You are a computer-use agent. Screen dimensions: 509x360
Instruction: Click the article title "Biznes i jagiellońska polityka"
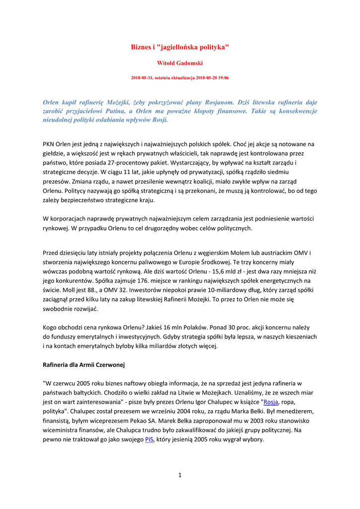coord(180,47)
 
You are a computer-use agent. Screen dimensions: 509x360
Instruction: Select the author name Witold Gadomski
coord(180,63)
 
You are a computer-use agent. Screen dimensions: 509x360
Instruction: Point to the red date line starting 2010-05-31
coord(180,78)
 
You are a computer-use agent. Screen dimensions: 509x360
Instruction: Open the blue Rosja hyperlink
coord(270,402)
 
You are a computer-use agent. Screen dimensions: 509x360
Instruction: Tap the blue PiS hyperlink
coord(149,439)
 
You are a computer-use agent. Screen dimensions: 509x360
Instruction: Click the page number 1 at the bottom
coord(180,475)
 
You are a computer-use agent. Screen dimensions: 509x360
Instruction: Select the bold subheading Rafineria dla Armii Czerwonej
coord(84,365)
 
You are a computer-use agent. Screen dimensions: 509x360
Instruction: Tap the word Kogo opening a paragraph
coord(52,327)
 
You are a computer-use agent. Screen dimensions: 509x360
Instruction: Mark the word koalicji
coord(201,181)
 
